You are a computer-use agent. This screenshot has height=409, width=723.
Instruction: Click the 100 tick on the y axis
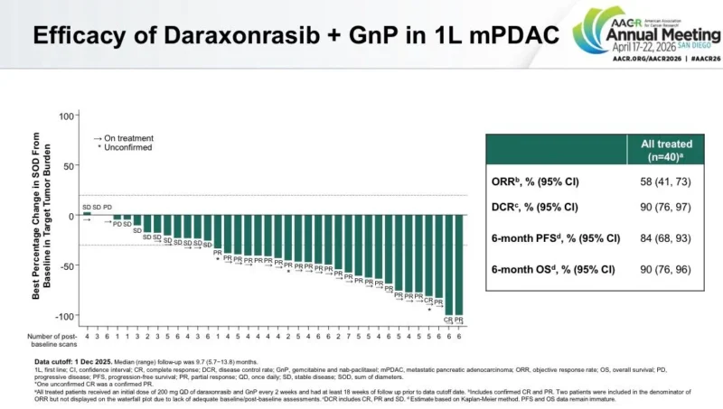point(66,116)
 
